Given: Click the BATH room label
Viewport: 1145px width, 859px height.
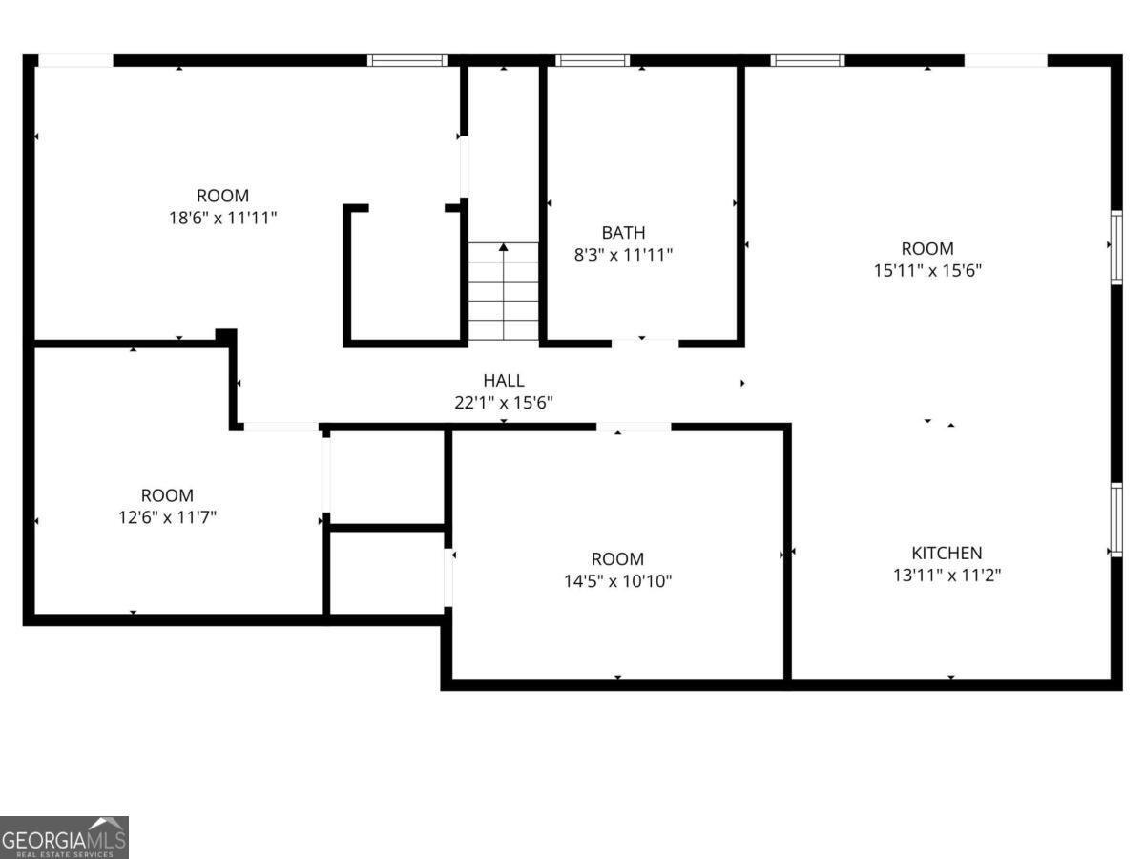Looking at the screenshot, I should click(x=623, y=233).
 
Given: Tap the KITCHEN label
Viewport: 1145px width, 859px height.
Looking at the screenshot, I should click(x=947, y=553).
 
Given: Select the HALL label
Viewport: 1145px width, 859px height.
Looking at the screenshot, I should click(x=503, y=381).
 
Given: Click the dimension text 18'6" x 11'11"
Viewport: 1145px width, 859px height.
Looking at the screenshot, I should click(x=222, y=218).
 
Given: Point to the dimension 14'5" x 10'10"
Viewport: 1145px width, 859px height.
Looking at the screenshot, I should click(x=617, y=580).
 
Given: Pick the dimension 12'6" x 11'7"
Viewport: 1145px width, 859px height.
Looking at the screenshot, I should click(x=167, y=517).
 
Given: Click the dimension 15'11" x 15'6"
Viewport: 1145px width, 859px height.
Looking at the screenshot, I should click(x=927, y=270).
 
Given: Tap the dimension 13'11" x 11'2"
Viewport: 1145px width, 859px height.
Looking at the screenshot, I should click(x=947, y=575).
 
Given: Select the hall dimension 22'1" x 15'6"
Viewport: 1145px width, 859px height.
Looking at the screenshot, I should click(x=503, y=403).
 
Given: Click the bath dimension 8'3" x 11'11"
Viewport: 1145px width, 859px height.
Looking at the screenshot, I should click(x=623, y=255).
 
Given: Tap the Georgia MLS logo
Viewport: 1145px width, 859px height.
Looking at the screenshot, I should click(x=64, y=837).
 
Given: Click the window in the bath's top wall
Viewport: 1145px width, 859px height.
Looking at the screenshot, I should click(x=593, y=60).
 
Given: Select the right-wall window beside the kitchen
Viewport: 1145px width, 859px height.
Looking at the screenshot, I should click(x=1114, y=519).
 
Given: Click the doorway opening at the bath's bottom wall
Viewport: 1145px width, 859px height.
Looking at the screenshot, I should click(x=644, y=342).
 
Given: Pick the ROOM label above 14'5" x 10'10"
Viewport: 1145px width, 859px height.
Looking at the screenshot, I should click(x=617, y=558).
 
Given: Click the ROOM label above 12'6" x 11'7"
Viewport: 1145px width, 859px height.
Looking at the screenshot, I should click(x=167, y=495).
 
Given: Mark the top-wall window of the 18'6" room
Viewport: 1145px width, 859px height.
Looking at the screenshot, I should click(x=407, y=60).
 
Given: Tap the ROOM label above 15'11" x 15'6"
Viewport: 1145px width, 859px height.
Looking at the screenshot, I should click(x=927, y=248).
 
